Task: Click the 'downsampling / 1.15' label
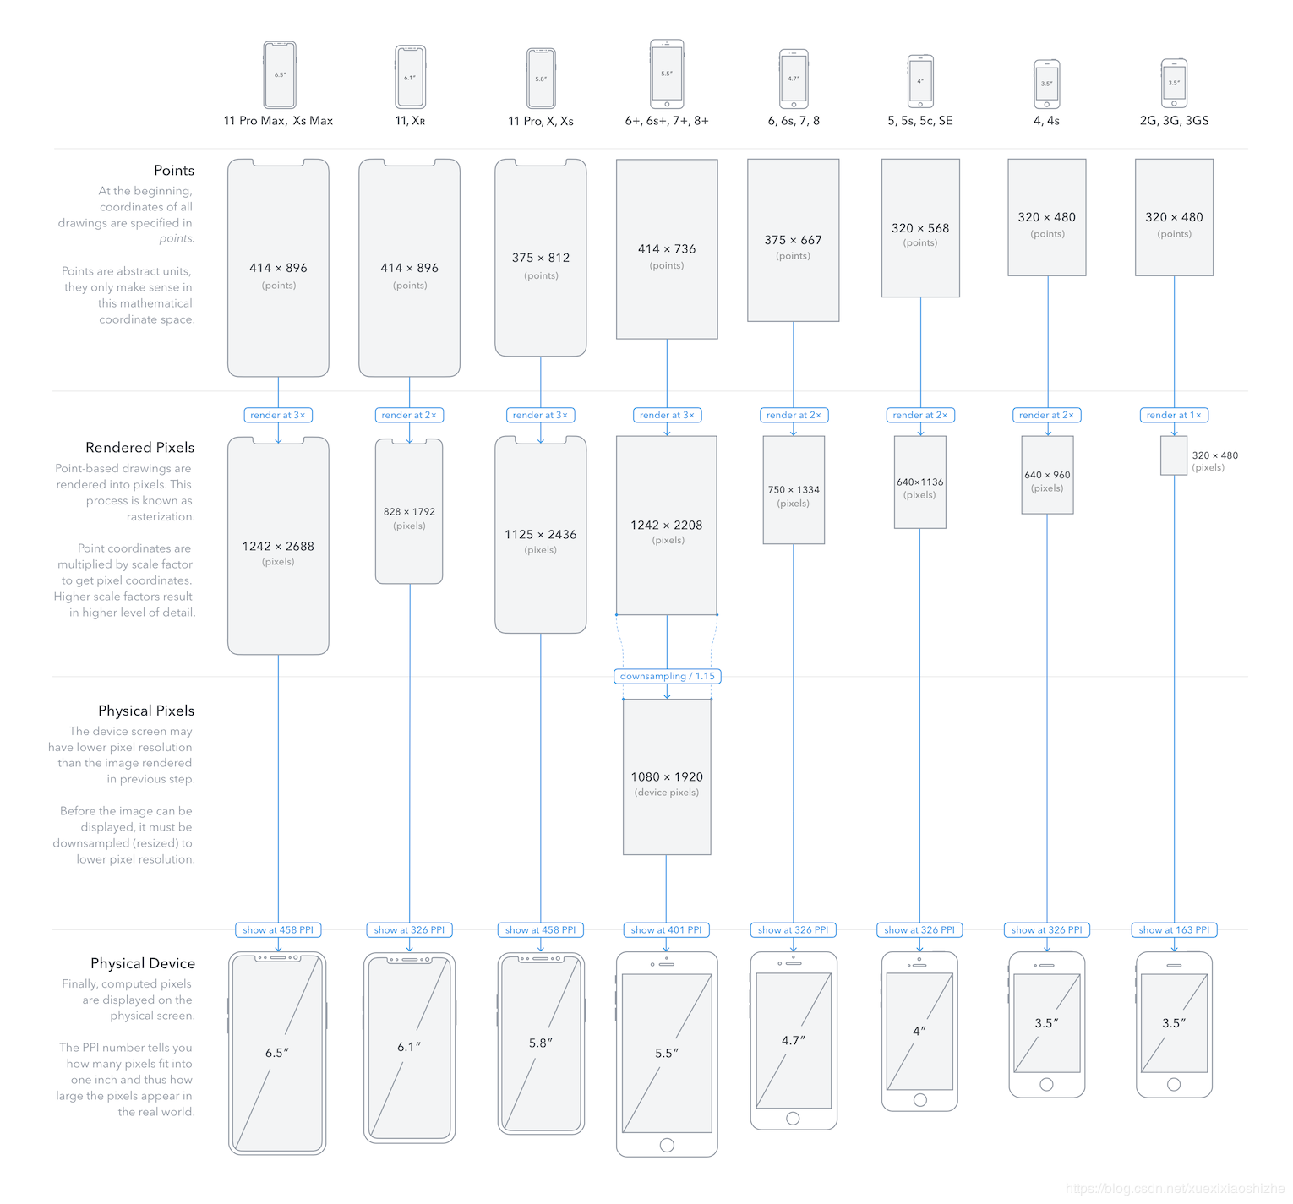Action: click(x=667, y=676)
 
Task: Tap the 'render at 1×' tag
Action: click(x=1174, y=415)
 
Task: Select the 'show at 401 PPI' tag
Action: click(x=666, y=929)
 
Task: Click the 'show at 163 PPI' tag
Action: click(x=1174, y=929)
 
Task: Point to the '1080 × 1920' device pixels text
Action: click(x=667, y=776)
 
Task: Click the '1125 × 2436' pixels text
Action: click(x=540, y=534)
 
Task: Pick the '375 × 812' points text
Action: click(x=540, y=258)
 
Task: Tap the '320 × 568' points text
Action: click(x=920, y=228)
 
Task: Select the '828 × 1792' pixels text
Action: click(x=409, y=511)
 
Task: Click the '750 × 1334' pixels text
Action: click(x=794, y=489)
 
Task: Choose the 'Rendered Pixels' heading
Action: click(x=139, y=447)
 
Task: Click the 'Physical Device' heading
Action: click(x=143, y=963)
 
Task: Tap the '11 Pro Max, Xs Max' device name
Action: click(x=278, y=121)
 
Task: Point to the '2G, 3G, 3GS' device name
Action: click(x=1174, y=121)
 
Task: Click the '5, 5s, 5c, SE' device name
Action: click(x=919, y=121)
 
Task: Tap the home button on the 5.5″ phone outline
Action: click(x=667, y=1145)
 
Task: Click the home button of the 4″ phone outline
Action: click(x=920, y=1099)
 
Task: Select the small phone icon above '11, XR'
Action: click(x=410, y=77)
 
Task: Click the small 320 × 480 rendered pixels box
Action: click(x=1174, y=455)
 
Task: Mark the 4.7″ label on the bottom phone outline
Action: click(x=794, y=1040)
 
